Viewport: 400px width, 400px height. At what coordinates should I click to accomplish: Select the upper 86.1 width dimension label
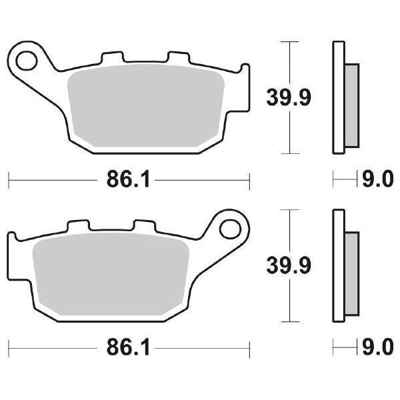(x=127, y=180)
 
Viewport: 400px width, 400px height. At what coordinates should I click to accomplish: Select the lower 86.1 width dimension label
(x=127, y=348)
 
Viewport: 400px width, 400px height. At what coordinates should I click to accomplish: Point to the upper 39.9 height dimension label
(x=289, y=98)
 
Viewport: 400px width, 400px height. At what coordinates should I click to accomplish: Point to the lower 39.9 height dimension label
(x=289, y=266)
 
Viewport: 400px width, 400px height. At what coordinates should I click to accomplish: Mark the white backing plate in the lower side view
(x=338, y=267)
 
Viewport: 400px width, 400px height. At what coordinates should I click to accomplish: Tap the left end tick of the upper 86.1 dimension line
(x=8, y=180)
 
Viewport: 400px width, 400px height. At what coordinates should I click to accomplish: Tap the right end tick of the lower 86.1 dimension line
(x=249, y=348)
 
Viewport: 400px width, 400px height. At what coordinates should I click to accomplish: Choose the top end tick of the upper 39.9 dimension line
(x=288, y=42)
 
